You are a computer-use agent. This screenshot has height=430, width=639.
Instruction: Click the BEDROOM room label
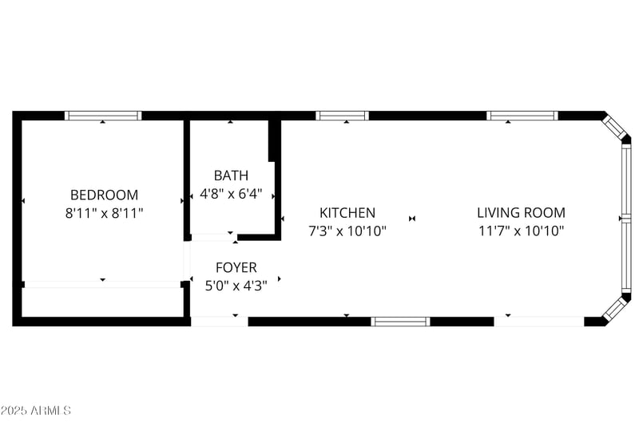pos(104,195)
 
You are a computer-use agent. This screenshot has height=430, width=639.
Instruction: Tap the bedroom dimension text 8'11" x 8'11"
pos(104,213)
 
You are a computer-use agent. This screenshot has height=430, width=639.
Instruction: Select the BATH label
pos(231,176)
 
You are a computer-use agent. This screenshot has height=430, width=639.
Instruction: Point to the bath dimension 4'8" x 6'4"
pos(231,194)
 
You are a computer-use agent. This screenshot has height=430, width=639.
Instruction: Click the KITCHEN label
pos(347,213)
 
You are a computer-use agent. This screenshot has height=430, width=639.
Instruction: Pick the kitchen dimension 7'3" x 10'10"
pos(347,231)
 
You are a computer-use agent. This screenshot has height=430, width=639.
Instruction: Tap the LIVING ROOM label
pos(521,213)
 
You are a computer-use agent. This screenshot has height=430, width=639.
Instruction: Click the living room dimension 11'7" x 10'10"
pos(521,231)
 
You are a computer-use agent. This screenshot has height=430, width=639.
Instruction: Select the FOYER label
pos(236,268)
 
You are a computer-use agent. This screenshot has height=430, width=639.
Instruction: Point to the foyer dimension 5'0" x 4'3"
pos(236,286)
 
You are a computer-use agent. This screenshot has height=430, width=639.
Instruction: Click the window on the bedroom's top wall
pos(103,116)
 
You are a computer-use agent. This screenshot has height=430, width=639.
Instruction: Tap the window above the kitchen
pos(342,116)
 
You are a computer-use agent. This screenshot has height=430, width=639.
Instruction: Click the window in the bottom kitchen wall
pos(401,322)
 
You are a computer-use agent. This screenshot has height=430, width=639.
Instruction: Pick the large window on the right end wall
pos(625,218)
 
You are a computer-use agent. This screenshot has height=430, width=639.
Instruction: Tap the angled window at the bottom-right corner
pos(613,308)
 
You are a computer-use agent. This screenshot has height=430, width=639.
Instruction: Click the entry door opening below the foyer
pos(220,322)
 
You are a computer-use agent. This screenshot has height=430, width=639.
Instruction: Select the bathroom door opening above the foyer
pos(213,237)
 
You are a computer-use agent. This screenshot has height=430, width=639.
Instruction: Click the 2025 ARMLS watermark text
pos(36,411)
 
